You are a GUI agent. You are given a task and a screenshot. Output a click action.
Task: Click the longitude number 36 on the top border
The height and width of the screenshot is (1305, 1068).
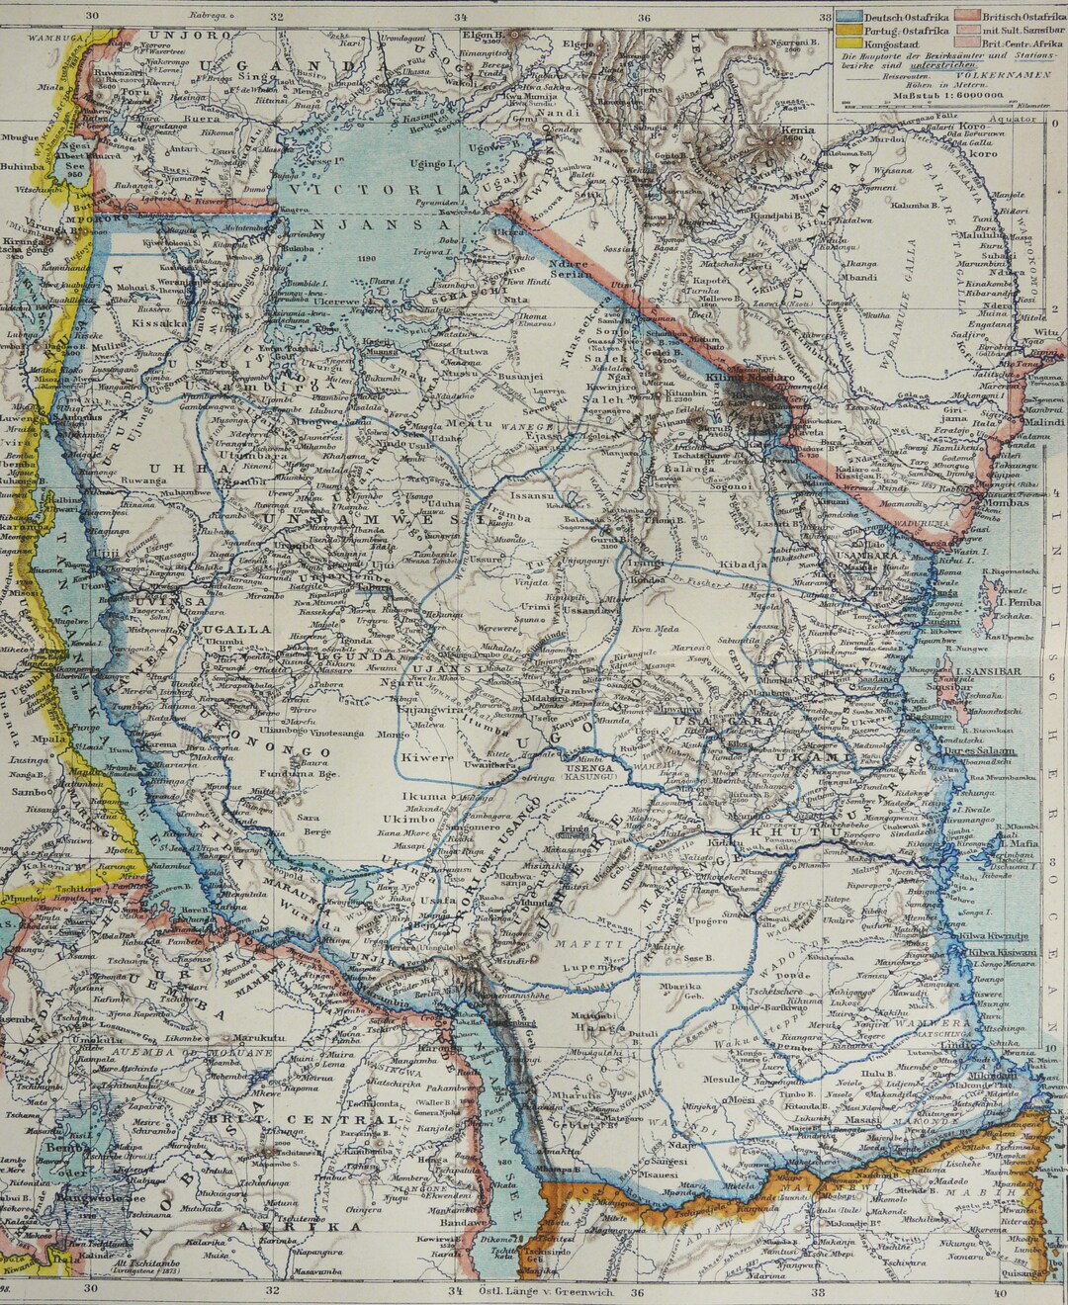[x=644, y=17]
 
